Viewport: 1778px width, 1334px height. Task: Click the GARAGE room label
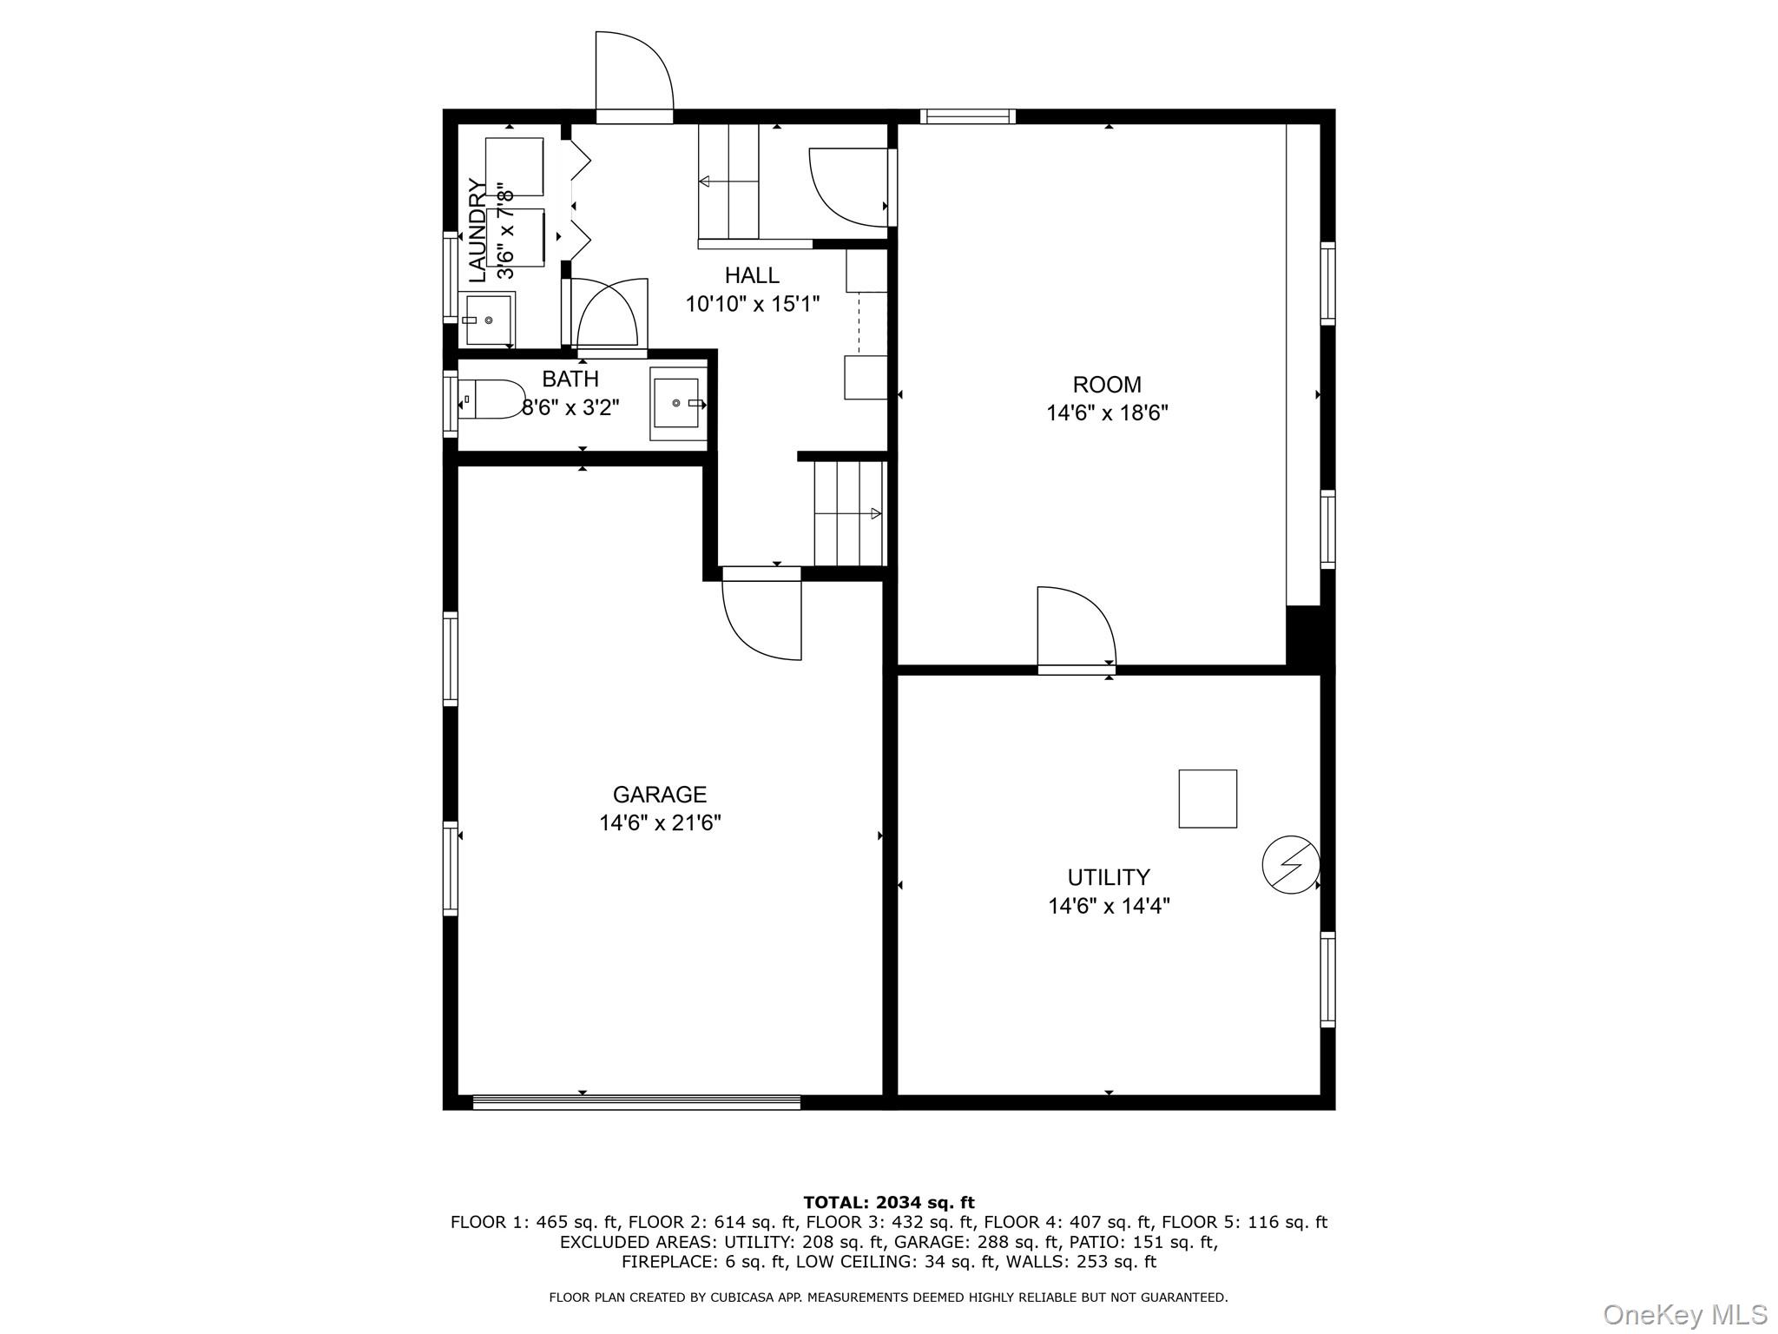coord(660,794)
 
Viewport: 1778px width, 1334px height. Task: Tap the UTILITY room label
coord(1108,876)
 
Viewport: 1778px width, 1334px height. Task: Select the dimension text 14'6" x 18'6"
coord(1107,413)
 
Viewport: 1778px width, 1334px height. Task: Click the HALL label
coord(752,275)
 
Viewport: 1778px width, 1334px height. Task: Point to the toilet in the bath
coord(491,400)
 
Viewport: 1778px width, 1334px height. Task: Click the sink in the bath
coord(676,403)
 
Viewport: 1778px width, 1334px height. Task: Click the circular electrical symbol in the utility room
coord(1290,864)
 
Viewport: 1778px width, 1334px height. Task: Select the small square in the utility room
coord(1207,798)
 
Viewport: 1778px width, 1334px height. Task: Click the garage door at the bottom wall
coord(636,1102)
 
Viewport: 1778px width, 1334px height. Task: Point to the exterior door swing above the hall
coord(634,74)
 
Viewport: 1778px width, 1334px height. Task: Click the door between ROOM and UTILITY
coord(1076,630)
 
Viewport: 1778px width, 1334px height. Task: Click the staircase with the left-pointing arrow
coord(728,181)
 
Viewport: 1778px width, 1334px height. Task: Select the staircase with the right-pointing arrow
coord(848,513)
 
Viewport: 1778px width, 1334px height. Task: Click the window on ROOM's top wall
coord(967,116)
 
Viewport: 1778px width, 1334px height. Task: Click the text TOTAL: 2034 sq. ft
coord(888,1202)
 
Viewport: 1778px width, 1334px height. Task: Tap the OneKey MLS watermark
coord(1684,1314)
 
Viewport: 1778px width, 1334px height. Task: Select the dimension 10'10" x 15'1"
coord(752,304)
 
